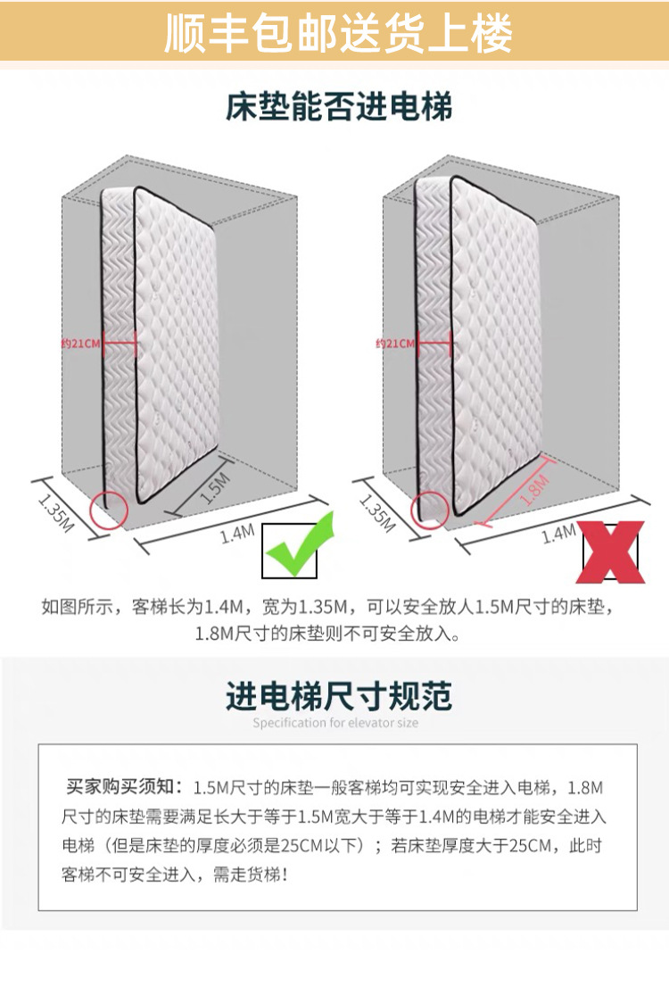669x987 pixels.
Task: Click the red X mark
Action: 612,552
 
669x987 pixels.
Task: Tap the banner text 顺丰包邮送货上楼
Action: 338,34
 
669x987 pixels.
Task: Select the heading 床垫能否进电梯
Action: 338,107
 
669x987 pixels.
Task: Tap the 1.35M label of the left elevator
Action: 55,510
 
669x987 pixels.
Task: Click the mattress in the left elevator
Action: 165,348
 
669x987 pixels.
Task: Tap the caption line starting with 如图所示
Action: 329,609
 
